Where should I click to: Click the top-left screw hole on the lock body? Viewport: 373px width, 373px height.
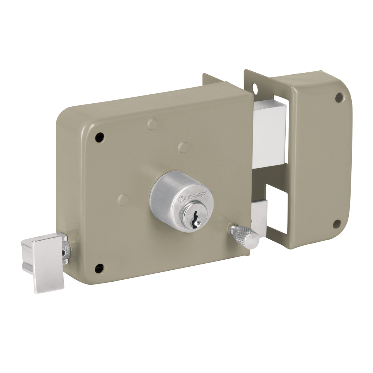(100, 137)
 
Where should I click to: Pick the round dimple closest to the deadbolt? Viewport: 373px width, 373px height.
(183, 147)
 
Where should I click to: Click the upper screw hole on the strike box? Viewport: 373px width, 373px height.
(339, 97)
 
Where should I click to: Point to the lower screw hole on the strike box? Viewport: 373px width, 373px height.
(337, 224)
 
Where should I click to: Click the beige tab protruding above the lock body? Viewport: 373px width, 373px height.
(213, 80)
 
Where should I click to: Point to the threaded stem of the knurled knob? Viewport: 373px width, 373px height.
(234, 229)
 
